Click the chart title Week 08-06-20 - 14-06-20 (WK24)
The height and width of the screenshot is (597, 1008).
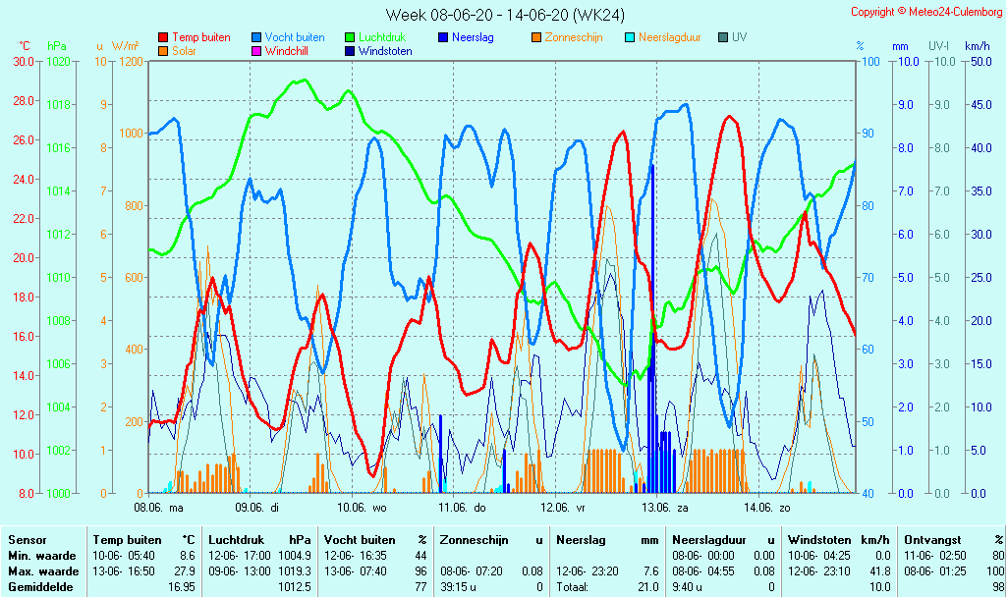505,15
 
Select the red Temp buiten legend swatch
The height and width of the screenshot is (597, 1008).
163,37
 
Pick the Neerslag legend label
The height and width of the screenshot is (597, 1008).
473,37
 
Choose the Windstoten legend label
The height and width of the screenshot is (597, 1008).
385,51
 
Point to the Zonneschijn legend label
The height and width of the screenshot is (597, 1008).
574,37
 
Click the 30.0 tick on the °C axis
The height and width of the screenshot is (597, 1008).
23,61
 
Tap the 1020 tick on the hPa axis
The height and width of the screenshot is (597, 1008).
58,61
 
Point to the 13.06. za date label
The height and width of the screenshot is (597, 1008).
665,508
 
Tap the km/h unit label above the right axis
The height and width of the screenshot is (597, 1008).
977,46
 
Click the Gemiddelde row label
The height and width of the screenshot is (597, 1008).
39,587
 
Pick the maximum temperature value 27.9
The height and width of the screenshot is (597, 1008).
185,571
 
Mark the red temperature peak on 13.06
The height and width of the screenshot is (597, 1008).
729,117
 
